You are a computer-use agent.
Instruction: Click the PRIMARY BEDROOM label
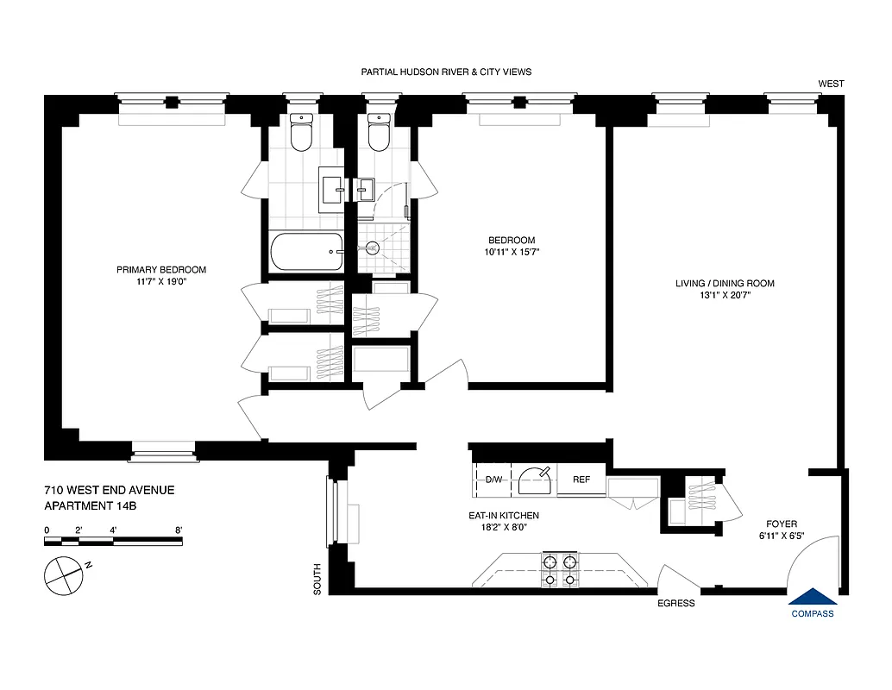[161, 270]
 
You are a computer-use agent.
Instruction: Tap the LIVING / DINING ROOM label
[725, 283]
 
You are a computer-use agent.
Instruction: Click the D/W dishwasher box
[494, 480]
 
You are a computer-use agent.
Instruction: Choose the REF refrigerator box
[581, 480]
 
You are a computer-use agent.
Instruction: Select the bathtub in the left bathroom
[306, 252]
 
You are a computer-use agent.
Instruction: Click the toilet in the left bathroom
[301, 134]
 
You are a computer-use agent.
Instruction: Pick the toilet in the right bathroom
[379, 134]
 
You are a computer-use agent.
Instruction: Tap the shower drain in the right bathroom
[373, 248]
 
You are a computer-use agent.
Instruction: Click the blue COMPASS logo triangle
[812, 596]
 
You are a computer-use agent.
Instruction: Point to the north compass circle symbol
[63, 575]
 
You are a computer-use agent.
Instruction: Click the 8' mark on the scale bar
[179, 530]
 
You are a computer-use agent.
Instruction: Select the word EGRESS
[675, 603]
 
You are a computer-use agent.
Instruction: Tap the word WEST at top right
[832, 84]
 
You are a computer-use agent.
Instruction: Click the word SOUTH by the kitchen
[317, 579]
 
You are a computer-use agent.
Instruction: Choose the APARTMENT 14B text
[90, 505]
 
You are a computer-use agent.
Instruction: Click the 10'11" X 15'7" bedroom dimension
[512, 253]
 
